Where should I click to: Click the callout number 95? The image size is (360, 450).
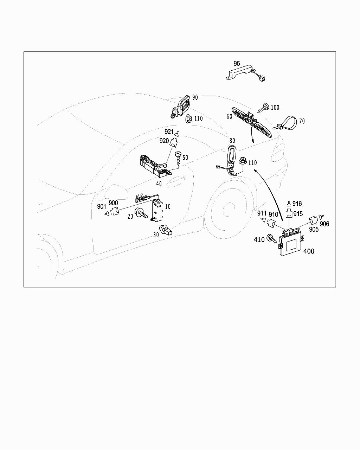pyautogui.click(x=237, y=63)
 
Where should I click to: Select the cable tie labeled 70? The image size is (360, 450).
pyautogui.click(x=286, y=124)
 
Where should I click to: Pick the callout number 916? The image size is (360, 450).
pyautogui.click(x=297, y=204)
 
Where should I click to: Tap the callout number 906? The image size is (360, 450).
pyautogui.click(x=324, y=224)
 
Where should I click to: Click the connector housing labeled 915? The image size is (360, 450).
pyautogui.click(x=289, y=213)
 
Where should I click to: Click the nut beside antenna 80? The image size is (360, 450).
pyautogui.click(x=243, y=161)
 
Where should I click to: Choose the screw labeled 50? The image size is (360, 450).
pyautogui.click(x=178, y=158)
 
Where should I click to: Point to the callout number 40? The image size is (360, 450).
pyautogui.click(x=159, y=184)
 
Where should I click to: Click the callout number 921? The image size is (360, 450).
pyautogui.click(x=169, y=131)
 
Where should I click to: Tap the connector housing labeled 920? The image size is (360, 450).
pyautogui.click(x=173, y=143)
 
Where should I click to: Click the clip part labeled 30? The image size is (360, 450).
pyautogui.click(x=165, y=230)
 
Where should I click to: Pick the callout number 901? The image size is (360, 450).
pyautogui.click(x=102, y=207)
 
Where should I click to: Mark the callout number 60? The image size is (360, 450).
pyautogui.click(x=230, y=116)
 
